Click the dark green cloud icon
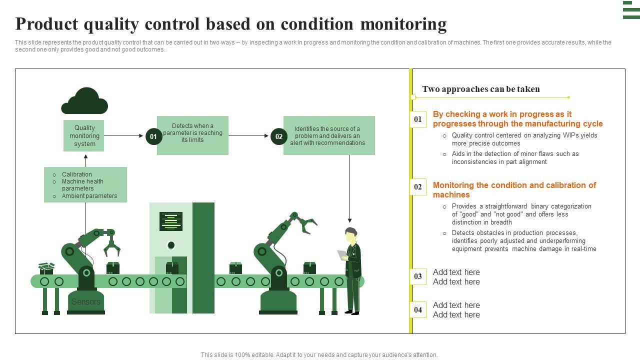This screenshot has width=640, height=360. point(84,101)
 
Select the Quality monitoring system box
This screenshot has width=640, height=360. point(84,135)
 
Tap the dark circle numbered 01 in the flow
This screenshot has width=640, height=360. point(153,136)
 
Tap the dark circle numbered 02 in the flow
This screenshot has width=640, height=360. point(279,136)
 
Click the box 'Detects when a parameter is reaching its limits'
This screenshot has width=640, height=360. point(192,135)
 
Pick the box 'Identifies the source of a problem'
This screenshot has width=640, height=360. point(328,135)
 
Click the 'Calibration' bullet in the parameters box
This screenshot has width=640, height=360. point(76,174)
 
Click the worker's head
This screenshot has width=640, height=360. point(351,234)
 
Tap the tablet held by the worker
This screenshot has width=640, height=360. point(342,255)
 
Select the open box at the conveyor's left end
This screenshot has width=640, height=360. point(46,268)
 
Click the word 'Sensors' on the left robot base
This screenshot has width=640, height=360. point(86,301)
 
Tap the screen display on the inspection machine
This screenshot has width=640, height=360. point(171,221)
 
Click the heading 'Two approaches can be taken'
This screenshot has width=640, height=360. point(480,89)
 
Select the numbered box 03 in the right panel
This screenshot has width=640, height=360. point(418,276)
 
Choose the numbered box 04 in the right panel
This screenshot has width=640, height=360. point(418,309)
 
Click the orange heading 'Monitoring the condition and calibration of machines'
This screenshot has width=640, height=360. point(514,190)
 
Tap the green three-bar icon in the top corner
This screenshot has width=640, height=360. point(631,10)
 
